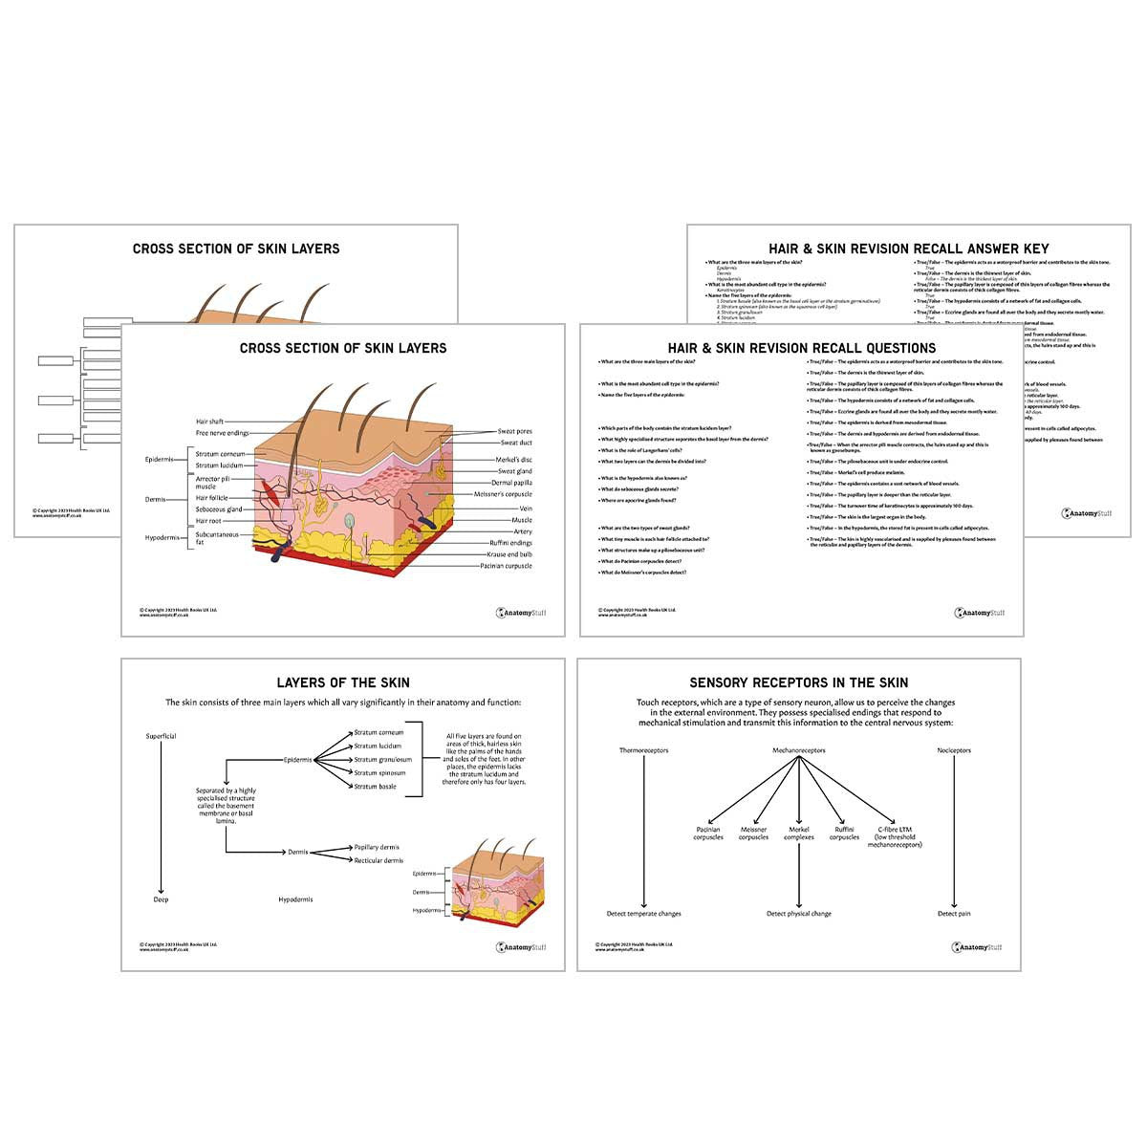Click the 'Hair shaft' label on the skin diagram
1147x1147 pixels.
pyautogui.click(x=209, y=422)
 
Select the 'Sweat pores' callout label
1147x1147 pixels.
pyautogui.click(x=514, y=432)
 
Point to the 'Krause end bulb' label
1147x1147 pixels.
pyautogui.click(x=509, y=554)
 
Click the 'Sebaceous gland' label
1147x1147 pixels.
pyautogui.click(x=217, y=509)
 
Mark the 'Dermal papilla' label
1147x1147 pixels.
pyautogui.click(x=511, y=483)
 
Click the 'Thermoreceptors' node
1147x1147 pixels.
pyautogui.click(x=643, y=750)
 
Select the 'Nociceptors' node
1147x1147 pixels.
pyautogui.click(x=953, y=750)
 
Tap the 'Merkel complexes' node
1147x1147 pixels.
pyautogui.click(x=798, y=833)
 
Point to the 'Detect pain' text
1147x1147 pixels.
pyautogui.click(x=953, y=914)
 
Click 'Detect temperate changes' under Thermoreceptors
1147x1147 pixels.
pyautogui.click(x=643, y=914)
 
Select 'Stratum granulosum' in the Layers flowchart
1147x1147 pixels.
pyautogui.click(x=382, y=759)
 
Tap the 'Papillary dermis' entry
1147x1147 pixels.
pyautogui.click(x=377, y=847)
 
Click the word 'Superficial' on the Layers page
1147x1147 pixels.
pyautogui.click(x=161, y=736)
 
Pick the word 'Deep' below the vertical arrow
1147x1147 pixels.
pyautogui.click(x=161, y=899)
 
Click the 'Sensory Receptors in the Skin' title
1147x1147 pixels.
pyautogui.click(x=798, y=682)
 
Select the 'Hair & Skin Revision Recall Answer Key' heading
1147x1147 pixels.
pyautogui.click(x=908, y=249)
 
